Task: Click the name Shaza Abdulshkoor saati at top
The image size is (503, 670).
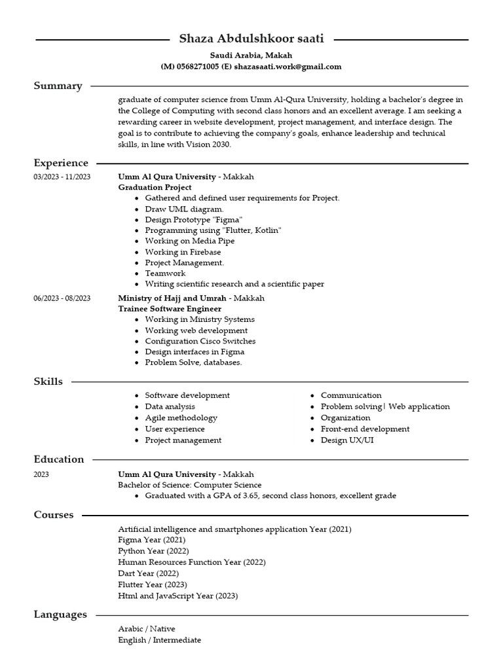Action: click(x=251, y=39)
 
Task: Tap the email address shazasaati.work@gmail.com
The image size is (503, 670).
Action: click(x=288, y=67)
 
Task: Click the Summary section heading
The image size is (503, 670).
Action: click(x=58, y=86)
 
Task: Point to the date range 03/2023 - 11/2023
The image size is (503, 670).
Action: click(x=62, y=177)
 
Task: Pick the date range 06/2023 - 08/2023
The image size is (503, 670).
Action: click(x=62, y=298)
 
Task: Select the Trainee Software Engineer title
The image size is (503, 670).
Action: click(x=170, y=309)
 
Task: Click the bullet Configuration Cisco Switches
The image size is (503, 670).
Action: click(x=200, y=341)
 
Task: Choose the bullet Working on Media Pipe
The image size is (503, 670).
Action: click(x=189, y=241)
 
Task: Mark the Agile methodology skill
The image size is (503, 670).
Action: click(x=181, y=417)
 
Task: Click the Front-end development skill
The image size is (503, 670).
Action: click(x=365, y=429)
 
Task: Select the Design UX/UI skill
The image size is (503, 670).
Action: click(x=347, y=440)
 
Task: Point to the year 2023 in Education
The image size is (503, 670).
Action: click(x=41, y=474)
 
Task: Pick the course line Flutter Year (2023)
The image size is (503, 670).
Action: click(x=152, y=584)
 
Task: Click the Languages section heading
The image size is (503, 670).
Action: click(x=60, y=614)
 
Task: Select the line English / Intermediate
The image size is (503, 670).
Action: click(x=159, y=640)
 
